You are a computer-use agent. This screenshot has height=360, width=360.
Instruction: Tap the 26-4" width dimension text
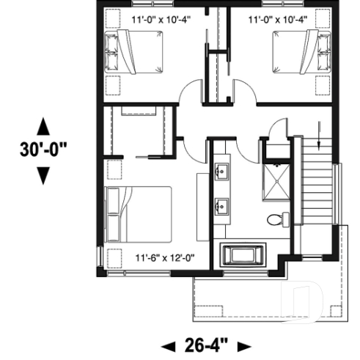click(x=206, y=345)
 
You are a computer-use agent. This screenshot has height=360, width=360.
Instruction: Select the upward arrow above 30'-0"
click(x=43, y=125)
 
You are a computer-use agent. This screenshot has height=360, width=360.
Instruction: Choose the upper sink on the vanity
click(x=221, y=172)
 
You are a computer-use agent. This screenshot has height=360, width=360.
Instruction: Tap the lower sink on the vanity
click(x=221, y=205)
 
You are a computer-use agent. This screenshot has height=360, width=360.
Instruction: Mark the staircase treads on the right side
click(x=318, y=194)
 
